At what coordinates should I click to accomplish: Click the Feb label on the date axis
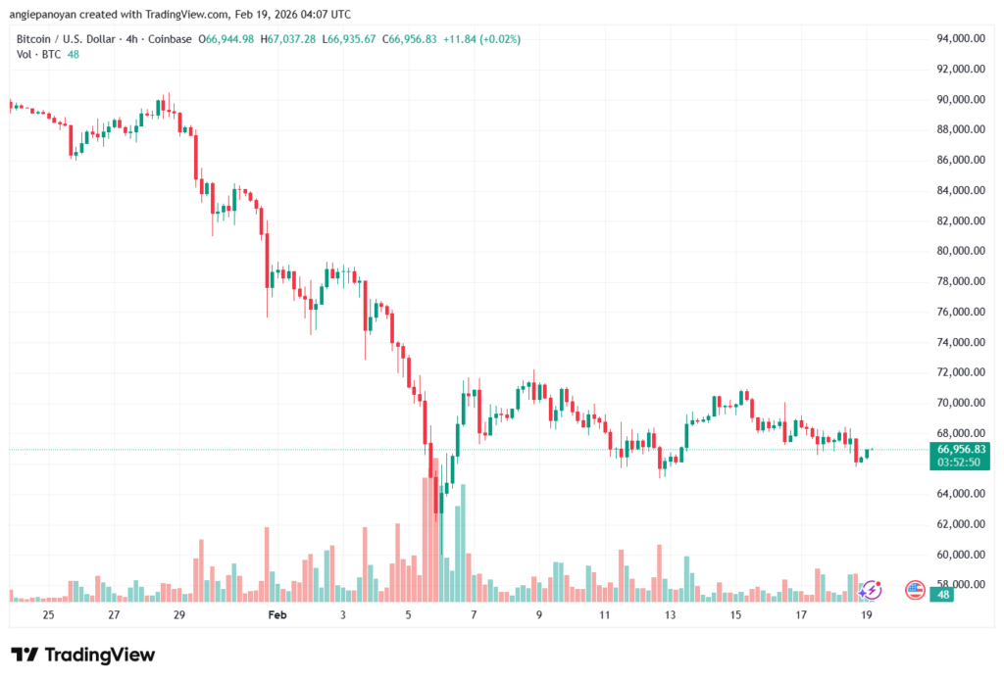(x=277, y=615)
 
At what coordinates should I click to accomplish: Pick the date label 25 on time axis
(x=48, y=615)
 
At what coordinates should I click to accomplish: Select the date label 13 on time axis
(x=670, y=615)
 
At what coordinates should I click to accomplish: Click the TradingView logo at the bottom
(x=83, y=655)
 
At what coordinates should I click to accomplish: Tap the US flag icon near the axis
(x=915, y=589)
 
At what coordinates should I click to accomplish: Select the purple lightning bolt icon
(x=871, y=589)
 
